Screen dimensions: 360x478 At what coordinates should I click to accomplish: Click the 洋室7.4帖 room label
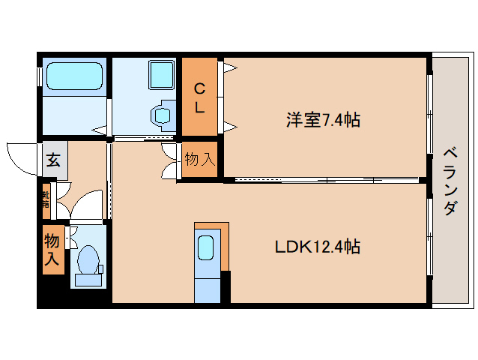pos(323,119)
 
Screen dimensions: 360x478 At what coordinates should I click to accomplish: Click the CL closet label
pos(199,97)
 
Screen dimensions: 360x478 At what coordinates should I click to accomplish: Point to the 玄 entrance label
pos(54,159)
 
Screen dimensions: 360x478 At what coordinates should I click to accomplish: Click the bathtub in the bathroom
pos(73,76)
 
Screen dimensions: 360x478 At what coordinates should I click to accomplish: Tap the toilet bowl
pos(89,259)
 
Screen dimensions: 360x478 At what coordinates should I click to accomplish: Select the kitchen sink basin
pos(206,247)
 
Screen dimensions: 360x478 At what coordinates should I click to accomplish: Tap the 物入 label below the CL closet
pos(199,159)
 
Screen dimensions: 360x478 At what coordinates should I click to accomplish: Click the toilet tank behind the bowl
pos(89,280)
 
